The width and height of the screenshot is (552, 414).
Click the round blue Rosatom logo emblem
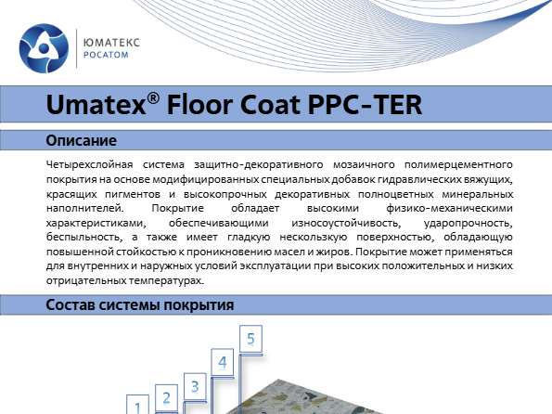click(44, 48)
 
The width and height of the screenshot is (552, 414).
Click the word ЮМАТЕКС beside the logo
click(111, 43)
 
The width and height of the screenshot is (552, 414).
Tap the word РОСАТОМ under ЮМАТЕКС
click(106, 55)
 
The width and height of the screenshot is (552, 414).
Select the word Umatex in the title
click(96, 105)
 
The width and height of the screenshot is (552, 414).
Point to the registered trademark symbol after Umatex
click(153, 98)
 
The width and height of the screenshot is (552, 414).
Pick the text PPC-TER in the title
click(366, 105)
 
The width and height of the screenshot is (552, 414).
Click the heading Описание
click(82, 140)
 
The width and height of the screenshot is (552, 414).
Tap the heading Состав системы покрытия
click(140, 304)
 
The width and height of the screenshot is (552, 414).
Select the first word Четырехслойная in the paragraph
click(89, 164)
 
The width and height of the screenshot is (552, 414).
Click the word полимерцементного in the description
click(458, 164)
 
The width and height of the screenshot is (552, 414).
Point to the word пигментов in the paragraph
click(133, 194)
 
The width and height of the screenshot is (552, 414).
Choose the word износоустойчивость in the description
click(346, 223)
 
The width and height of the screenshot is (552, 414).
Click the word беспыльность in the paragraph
click(84, 238)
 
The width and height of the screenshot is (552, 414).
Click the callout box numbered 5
click(250, 339)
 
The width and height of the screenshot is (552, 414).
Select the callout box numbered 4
click(222, 362)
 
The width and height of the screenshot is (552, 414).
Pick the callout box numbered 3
click(195, 386)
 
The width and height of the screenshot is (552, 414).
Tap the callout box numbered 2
click(166, 398)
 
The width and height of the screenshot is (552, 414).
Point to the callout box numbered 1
click(137, 406)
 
